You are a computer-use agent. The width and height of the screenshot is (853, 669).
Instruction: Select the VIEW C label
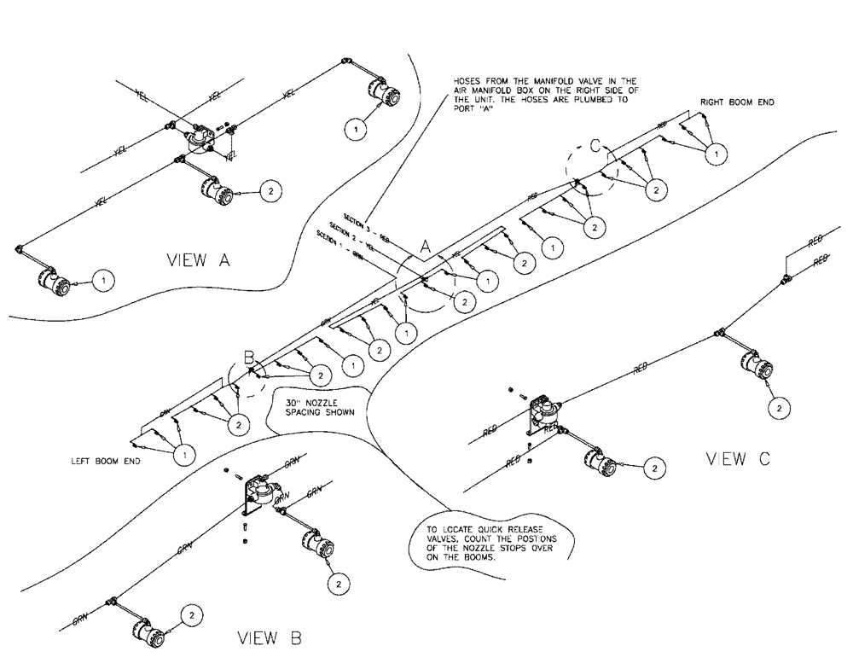(x=739, y=459)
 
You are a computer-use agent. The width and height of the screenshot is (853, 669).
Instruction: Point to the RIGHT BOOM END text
(x=737, y=102)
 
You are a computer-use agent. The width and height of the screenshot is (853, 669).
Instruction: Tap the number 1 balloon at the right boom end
(x=718, y=154)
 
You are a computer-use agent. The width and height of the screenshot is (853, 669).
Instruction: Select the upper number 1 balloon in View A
(x=356, y=129)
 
